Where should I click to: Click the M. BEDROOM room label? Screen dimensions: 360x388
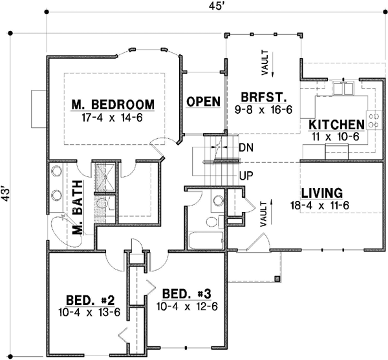pyautogui.click(x=113, y=104)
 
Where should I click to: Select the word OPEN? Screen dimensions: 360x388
pyautogui.click(x=203, y=101)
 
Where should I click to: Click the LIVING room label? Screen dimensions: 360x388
pyautogui.click(x=321, y=193)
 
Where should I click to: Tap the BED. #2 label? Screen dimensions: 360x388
pyautogui.click(x=91, y=300)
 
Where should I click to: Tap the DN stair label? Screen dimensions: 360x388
pyautogui.click(x=246, y=148)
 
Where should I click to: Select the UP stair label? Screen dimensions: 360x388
pyautogui.click(x=246, y=175)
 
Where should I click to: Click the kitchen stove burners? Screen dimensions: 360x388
pyautogui.click(x=373, y=120)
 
